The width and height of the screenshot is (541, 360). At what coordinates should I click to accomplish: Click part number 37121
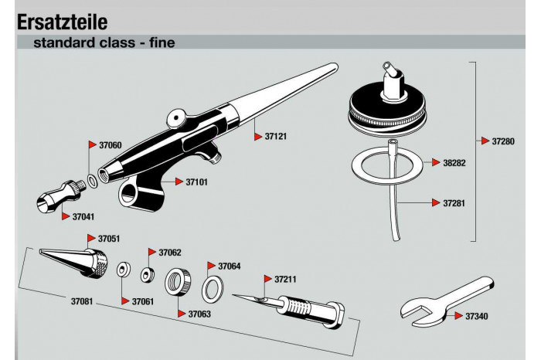point(276,136)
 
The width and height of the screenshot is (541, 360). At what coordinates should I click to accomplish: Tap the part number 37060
point(110,144)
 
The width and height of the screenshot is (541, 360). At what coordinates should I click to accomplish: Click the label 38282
point(454,163)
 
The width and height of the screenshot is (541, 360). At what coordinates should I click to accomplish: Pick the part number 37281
point(454,203)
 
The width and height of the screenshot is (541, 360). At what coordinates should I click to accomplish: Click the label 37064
point(230,266)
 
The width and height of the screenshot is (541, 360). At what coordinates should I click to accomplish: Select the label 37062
point(170,253)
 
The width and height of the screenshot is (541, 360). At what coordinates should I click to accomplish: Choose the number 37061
point(143,301)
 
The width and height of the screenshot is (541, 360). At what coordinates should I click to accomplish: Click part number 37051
point(108,239)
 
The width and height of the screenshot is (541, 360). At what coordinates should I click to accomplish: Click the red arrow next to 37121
point(258,136)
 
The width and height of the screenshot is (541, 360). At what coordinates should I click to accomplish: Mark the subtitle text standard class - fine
point(104,42)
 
